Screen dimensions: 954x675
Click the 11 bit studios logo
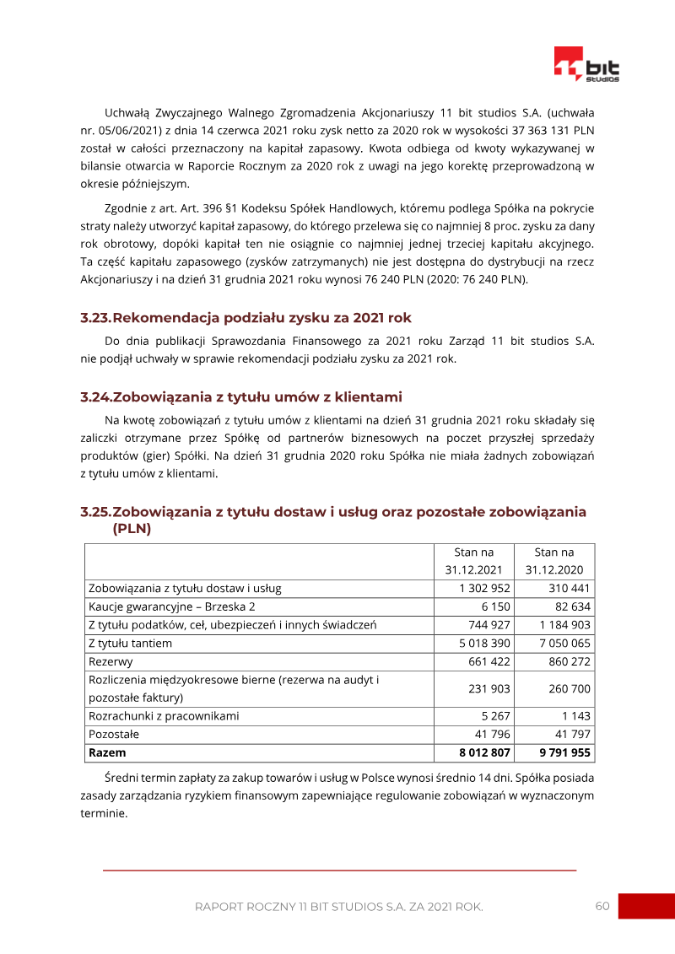tap(586, 65)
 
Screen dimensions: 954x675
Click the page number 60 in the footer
tap(602, 906)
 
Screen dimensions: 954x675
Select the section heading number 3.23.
tap(95, 318)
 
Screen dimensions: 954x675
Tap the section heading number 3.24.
tap(95, 397)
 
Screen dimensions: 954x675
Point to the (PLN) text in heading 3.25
tap(132, 529)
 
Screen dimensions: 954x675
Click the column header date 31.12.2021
tap(473, 569)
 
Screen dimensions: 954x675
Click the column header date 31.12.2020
tap(553, 569)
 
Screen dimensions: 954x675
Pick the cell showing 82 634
tap(570, 606)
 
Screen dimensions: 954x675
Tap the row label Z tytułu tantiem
tap(131, 644)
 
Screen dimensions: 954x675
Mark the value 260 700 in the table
tap(570, 689)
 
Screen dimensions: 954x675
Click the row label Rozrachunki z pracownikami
tap(164, 716)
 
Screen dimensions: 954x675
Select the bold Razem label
tap(107, 752)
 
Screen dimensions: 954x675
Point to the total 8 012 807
tap(478, 752)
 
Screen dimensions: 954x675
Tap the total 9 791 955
tap(563, 752)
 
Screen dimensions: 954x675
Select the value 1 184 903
tap(564, 625)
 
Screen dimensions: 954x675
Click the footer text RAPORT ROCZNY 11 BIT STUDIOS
tap(338, 907)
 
